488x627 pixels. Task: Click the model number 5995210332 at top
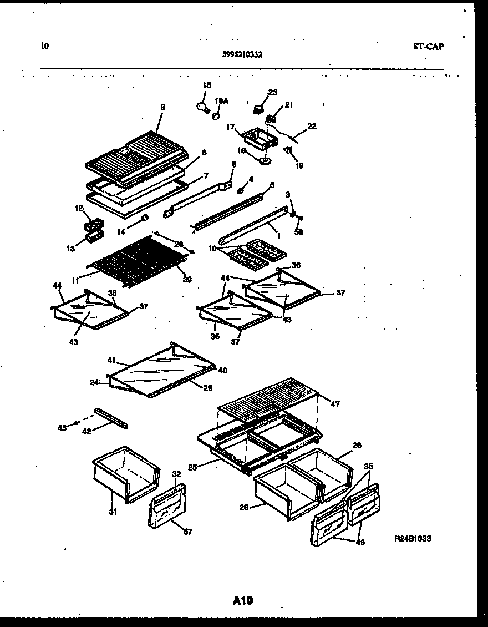pyautogui.click(x=242, y=54)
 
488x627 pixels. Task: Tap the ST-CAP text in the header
pyautogui.click(x=428, y=47)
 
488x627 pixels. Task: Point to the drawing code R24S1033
pyautogui.click(x=413, y=538)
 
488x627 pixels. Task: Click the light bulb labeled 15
pyautogui.click(x=202, y=105)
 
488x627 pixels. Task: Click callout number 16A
pyautogui.click(x=222, y=102)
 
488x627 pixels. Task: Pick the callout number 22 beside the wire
pyautogui.click(x=312, y=127)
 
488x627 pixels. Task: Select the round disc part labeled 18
pyautogui.click(x=265, y=161)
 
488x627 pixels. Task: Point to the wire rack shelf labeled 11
pyautogui.click(x=133, y=258)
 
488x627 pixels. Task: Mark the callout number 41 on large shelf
pyautogui.click(x=111, y=360)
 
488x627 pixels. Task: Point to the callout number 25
pyautogui.click(x=192, y=468)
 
